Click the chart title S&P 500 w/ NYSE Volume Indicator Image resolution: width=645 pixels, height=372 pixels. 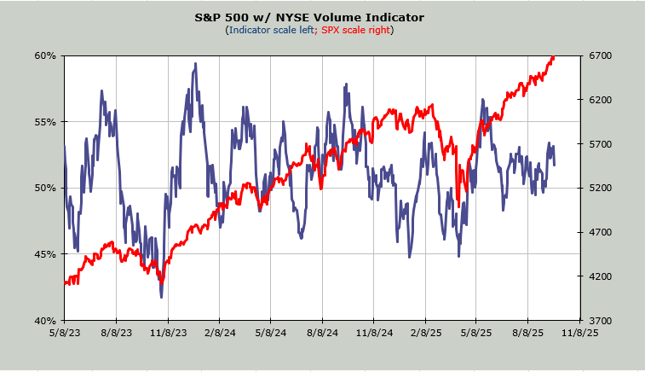tap(322, 17)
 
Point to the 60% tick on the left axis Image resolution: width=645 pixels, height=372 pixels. tap(45, 55)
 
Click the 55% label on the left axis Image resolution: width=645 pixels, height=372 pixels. tap(45, 122)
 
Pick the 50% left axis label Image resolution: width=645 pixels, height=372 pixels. tap(45, 188)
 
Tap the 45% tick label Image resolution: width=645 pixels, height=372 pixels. tap(45, 254)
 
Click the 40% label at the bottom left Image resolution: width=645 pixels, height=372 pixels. tap(45, 321)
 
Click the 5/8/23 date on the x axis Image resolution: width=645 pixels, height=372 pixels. tap(64, 334)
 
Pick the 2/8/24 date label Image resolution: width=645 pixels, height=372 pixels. tap(219, 334)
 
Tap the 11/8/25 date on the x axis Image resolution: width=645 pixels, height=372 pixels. tap(579, 334)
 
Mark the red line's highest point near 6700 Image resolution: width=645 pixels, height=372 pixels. tap(553, 57)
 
